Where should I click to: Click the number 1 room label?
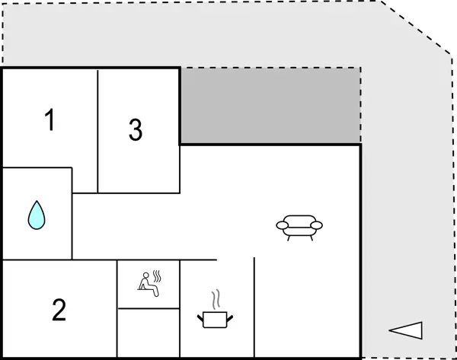pos(50,120)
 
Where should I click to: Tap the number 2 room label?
pos(59,310)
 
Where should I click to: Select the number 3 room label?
pos(136,130)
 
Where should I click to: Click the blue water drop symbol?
pos(37,215)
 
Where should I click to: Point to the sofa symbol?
pos(299,226)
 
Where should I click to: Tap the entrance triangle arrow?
pos(406,330)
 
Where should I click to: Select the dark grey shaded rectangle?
pos(270,105)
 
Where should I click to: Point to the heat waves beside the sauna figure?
pos(158,276)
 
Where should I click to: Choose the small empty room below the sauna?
pos(148,333)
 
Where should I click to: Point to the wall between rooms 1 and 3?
pos(98,129)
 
